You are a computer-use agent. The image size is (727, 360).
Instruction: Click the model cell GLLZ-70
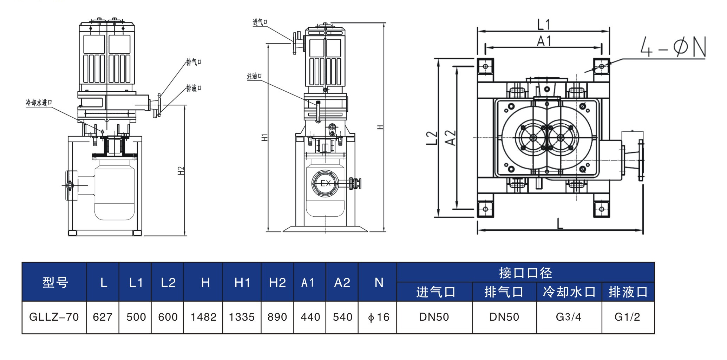tap(54, 317)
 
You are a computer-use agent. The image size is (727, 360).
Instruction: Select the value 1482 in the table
tap(203, 317)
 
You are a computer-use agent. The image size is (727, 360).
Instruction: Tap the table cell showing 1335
tap(242, 317)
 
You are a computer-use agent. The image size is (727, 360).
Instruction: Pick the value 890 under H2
tap(277, 317)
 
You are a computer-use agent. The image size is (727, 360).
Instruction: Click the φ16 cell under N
tap(379, 317)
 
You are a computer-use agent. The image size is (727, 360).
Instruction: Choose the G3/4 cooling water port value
tap(569, 317)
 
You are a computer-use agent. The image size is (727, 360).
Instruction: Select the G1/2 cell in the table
tap(627, 317)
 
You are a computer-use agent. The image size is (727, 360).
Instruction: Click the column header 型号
tap(55, 282)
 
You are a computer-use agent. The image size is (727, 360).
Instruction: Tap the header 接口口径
tap(525, 273)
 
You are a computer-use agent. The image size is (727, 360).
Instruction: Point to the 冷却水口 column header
tap(569, 292)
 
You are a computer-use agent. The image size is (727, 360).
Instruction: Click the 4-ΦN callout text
tap(673, 47)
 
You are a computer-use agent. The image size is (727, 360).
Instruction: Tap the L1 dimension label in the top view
tap(544, 25)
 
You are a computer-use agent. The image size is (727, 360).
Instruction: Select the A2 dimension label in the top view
tap(450, 138)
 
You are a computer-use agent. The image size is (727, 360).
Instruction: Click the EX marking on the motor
tap(326, 183)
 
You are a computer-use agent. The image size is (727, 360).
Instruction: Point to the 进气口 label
tap(260, 22)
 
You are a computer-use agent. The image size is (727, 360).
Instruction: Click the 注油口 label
tap(254, 76)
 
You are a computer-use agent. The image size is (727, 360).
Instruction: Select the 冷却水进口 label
tap(39, 103)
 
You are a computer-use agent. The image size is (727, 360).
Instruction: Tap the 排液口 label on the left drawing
tap(194, 88)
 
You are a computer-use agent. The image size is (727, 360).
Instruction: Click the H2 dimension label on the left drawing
tap(181, 171)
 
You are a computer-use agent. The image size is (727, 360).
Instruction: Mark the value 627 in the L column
tap(103, 317)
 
